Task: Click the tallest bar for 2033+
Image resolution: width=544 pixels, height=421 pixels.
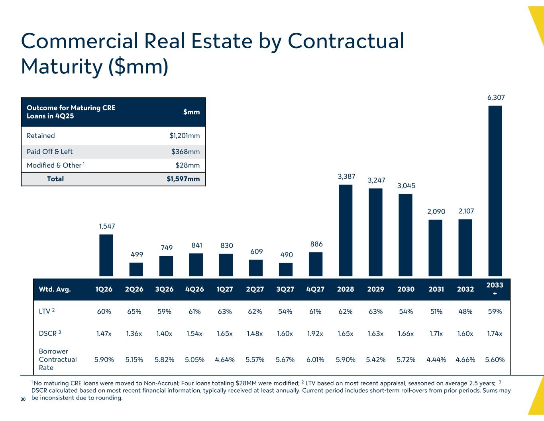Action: pyautogui.click(x=495, y=190)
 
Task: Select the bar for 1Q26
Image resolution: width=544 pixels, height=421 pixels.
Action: pyautogui.click(x=106, y=255)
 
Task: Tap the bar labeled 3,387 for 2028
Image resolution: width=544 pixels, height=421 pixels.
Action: pyautogui.click(x=346, y=230)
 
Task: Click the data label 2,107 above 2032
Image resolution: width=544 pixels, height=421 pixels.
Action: pyautogui.click(x=466, y=211)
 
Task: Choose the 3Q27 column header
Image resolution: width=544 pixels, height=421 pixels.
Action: pyautogui.click(x=285, y=289)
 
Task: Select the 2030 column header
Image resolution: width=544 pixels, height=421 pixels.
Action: pyautogui.click(x=406, y=289)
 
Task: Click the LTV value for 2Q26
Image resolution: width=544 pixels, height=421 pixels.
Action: pyautogui.click(x=134, y=312)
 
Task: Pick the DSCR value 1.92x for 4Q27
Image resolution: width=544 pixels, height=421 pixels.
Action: pyautogui.click(x=315, y=334)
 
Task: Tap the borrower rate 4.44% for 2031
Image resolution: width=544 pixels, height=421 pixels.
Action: pyautogui.click(x=436, y=360)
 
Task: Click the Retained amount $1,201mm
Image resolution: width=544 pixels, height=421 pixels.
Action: pyautogui.click(x=185, y=136)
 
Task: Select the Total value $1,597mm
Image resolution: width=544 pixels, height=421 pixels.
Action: pyautogui.click(x=183, y=179)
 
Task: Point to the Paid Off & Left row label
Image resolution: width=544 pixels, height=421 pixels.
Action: pyautogui.click(x=50, y=152)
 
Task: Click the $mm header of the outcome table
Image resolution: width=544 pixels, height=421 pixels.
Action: pyautogui.click(x=191, y=112)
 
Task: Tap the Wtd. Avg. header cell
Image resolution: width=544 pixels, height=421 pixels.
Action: pyautogui.click(x=55, y=289)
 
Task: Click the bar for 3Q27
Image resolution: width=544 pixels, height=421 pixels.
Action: pyautogui.click(x=285, y=269)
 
